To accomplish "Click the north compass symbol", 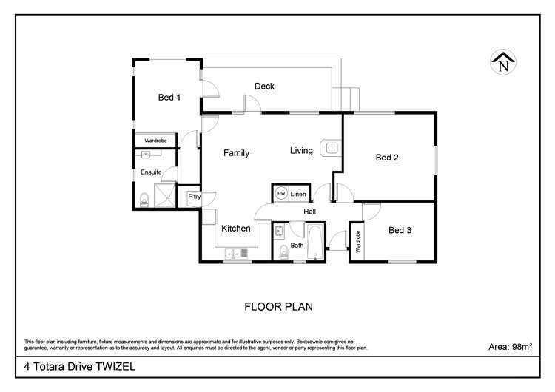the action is [x=503, y=62].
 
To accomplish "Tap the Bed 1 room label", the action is [x=169, y=98].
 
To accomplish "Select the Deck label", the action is [x=264, y=86].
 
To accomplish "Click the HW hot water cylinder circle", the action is [x=281, y=193].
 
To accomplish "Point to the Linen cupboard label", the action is [x=298, y=194].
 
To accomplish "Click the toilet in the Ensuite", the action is [x=144, y=200].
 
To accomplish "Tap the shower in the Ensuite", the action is [x=164, y=195].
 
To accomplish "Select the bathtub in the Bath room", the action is [x=314, y=243].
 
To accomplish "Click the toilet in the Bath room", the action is [x=283, y=252].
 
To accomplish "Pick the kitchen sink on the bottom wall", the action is [x=237, y=253].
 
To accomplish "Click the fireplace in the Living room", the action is [x=331, y=148].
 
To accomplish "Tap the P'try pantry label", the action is [x=195, y=196].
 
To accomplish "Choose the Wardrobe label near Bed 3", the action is [x=357, y=242].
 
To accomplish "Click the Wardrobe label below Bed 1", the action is [x=155, y=141].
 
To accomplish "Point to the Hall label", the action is [x=310, y=212].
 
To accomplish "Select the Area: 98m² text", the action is [x=510, y=346].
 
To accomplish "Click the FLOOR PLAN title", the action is [x=278, y=307].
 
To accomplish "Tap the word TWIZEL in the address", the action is [x=115, y=366].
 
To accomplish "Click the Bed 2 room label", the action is [x=387, y=158].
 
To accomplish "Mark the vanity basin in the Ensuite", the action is [x=145, y=155].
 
